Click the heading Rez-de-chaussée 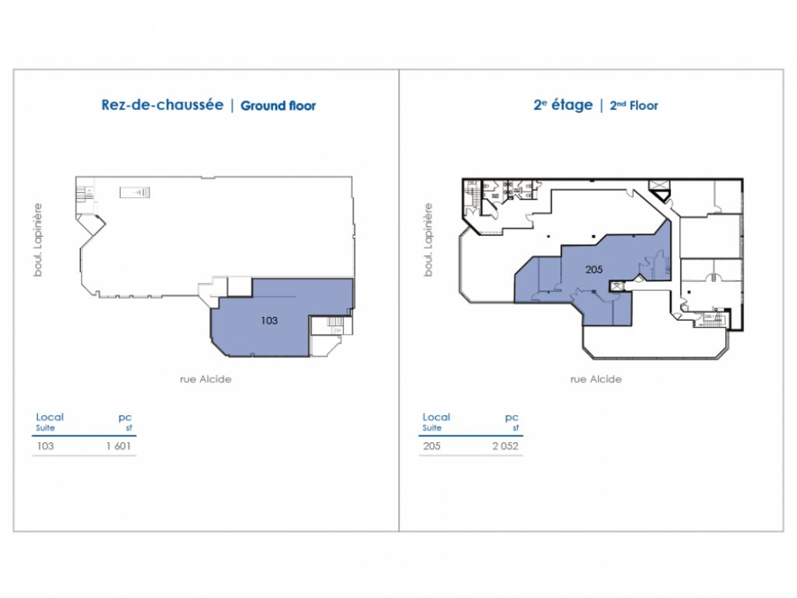[x=162, y=104]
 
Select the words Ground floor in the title [x=278, y=105]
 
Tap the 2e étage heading [x=563, y=104]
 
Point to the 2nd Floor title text [x=633, y=105]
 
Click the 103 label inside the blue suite [x=269, y=319]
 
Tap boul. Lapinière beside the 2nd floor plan [x=427, y=240]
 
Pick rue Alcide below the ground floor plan [x=205, y=379]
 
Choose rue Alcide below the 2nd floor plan [x=595, y=379]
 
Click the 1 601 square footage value [x=121, y=446]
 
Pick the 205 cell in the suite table [x=431, y=446]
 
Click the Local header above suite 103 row [x=50, y=417]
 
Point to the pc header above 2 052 [x=511, y=417]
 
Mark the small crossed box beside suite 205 [x=616, y=286]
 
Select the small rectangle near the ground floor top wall [x=135, y=192]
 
